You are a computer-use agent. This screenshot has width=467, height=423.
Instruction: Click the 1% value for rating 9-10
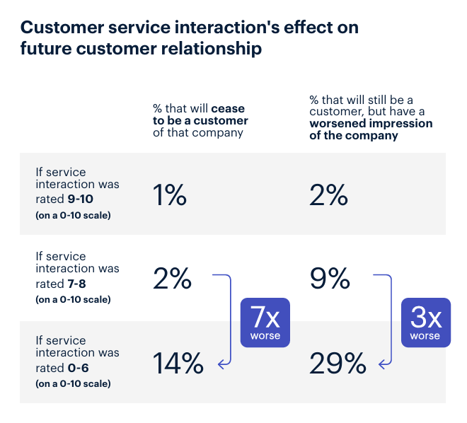coord(170,195)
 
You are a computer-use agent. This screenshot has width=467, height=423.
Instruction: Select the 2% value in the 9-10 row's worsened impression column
coord(328,195)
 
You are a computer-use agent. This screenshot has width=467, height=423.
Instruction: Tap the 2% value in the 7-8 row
coord(172,279)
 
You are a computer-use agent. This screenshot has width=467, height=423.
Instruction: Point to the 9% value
coord(330,279)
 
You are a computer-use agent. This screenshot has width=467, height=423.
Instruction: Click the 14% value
coord(178,363)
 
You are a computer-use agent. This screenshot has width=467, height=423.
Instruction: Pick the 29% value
coord(338,363)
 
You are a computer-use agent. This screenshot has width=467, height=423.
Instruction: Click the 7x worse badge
coord(265,323)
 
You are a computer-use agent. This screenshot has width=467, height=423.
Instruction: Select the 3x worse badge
coord(426,323)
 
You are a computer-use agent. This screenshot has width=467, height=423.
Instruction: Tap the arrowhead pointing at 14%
coord(221,364)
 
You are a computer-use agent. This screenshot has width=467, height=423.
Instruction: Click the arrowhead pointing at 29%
coord(381,364)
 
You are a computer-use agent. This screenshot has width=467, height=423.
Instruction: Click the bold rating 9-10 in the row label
coord(80,199)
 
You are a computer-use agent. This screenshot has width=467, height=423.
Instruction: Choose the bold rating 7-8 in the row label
coord(76,284)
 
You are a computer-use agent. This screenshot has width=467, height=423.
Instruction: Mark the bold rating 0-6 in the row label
coord(78,368)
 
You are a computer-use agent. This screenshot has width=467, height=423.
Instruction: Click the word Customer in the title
coord(62,28)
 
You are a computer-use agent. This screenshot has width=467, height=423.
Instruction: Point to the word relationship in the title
coord(212,49)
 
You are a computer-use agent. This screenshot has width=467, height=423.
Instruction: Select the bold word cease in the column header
coord(228,109)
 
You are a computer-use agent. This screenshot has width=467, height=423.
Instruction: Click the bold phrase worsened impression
coord(371,124)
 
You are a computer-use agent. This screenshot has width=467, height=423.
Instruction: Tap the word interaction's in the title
coord(227,28)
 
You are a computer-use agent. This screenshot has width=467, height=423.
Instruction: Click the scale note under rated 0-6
coord(73,383)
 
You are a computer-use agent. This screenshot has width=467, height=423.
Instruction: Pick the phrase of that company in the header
coord(198,133)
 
